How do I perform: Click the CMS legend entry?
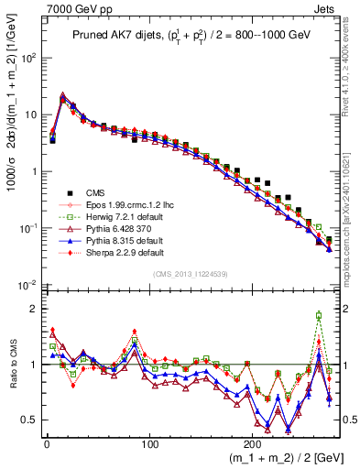click(82, 193)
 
